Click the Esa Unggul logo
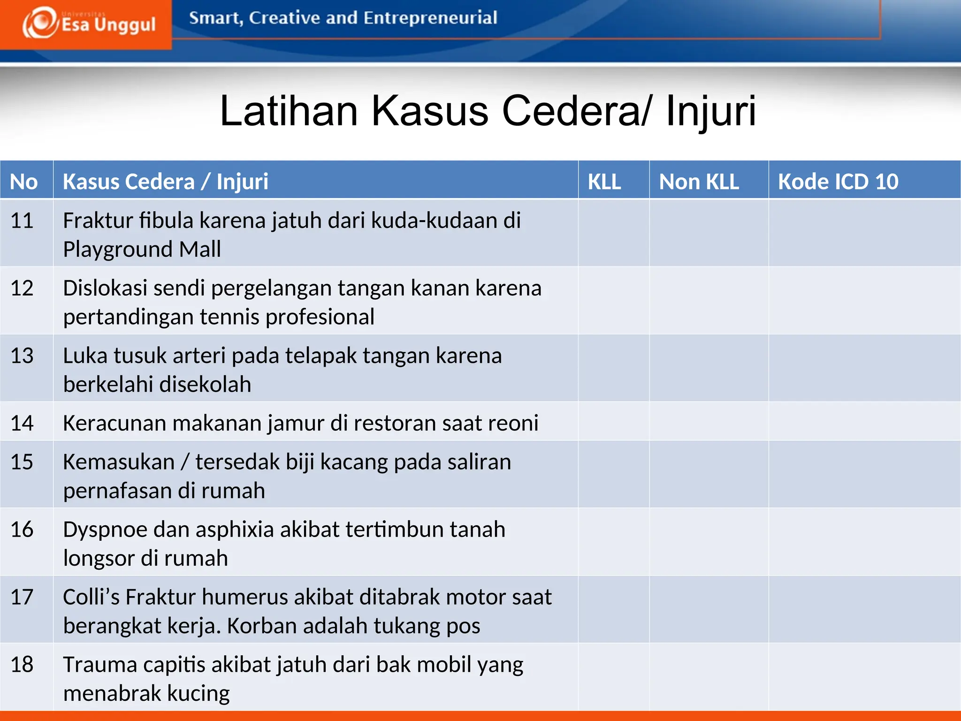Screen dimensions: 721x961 coord(89,23)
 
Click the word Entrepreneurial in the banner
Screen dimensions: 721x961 coord(430,18)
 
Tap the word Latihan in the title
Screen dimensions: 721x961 coord(289,111)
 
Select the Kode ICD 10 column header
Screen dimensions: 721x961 coord(838,181)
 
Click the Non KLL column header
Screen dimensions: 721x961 coord(699,181)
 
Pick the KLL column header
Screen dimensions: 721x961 coord(604,181)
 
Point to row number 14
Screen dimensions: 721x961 coord(22,423)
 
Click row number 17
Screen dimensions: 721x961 coord(22,597)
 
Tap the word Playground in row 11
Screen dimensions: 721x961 coord(118,249)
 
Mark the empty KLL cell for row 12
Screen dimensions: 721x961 coord(613,300)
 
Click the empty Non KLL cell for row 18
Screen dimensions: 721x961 coord(709,676)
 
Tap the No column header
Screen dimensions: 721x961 coord(24,181)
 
